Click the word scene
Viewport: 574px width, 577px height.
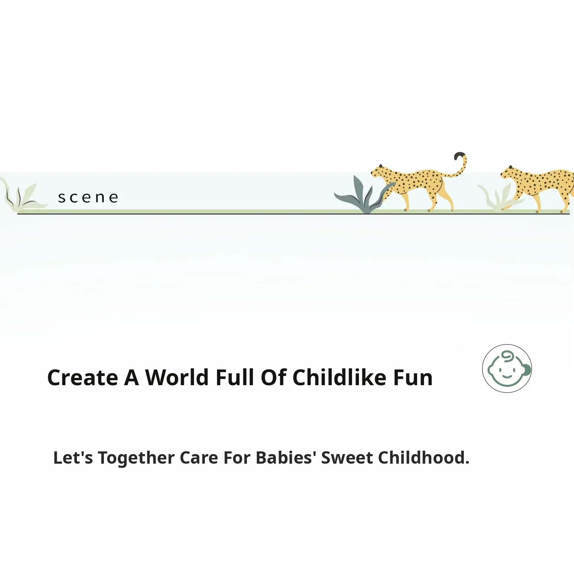(88, 198)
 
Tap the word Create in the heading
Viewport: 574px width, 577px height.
(83, 378)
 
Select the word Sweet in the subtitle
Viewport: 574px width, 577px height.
(347, 458)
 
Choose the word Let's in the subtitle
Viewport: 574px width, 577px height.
(73, 458)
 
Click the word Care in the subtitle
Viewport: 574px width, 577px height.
(199, 458)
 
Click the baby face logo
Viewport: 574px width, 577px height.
(507, 368)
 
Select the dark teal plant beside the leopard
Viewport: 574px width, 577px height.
(364, 195)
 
